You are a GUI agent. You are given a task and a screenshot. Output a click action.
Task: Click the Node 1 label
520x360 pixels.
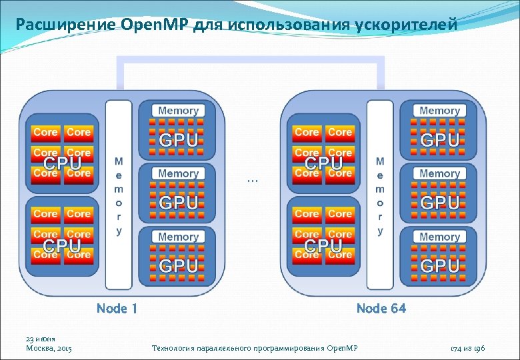pos(117,308)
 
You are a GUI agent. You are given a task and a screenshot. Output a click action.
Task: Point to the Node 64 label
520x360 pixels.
pos(381,308)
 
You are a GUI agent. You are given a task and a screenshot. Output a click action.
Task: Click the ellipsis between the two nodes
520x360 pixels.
pos(252,180)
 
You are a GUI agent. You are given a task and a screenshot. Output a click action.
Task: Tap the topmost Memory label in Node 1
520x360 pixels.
pos(178,110)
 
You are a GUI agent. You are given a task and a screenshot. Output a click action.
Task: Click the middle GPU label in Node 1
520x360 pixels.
pos(178,203)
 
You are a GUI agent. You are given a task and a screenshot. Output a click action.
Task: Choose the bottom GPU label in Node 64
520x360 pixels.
pos(439,265)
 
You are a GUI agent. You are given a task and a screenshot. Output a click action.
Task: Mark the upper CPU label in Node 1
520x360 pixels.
pos(63,163)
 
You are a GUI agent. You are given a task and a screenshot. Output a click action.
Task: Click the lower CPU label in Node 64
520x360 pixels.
pos(323,245)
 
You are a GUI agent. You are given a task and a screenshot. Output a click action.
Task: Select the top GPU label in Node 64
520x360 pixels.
pos(439,140)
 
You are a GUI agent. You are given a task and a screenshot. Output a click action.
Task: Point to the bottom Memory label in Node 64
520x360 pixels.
pos(439,237)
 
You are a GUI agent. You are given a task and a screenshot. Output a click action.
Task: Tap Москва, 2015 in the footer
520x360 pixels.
pos(48,349)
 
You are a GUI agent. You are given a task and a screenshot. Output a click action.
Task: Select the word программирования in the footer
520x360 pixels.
pos(287,349)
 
